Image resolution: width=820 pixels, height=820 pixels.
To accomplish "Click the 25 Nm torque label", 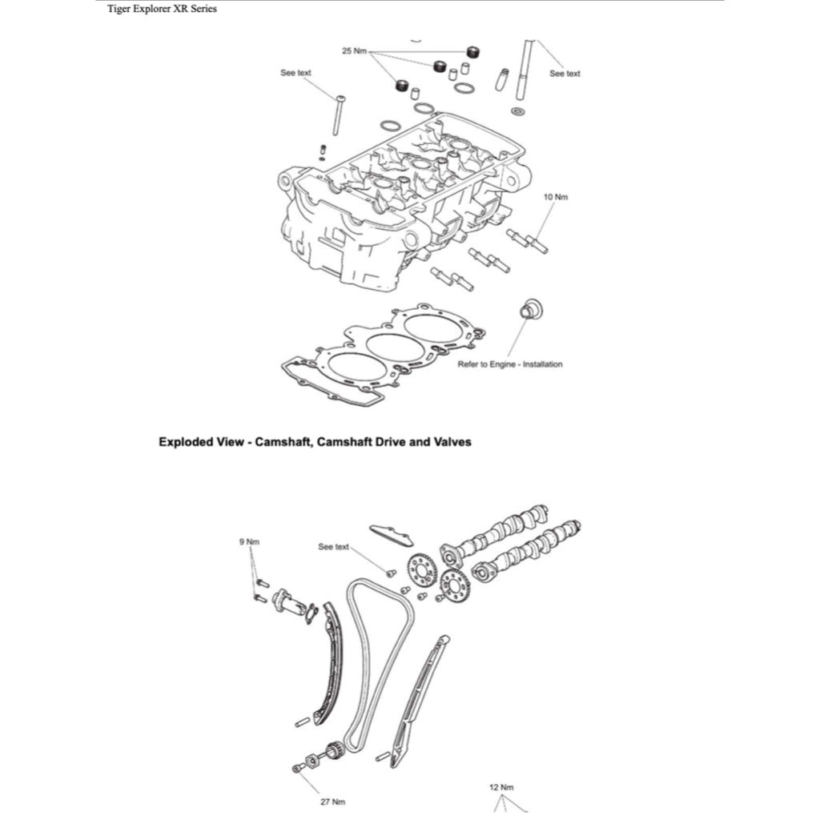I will pos(354,50).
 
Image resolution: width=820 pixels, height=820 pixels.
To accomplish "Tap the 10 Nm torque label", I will pos(556,197).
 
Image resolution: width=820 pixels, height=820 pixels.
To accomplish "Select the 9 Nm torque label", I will pos(250,542).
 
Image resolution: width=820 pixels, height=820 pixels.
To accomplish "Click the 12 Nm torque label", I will pos(501,787).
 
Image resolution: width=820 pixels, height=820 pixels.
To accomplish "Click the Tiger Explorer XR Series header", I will pos(162,10).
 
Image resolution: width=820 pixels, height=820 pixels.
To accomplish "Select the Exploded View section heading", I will pos(315,441).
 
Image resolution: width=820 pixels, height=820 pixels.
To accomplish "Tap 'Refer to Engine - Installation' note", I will pos(510,364).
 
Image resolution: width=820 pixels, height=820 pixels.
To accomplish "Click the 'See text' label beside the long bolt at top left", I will pos(295,73).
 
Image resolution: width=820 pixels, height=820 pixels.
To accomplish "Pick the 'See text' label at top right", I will pos(565,74).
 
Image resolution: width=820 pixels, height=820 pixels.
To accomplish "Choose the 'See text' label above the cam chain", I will pos(333,547).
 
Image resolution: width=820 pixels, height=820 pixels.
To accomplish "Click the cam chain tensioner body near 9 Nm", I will pos(288,601).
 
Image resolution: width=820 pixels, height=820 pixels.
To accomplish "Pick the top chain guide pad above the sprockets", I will pos(391,534).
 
